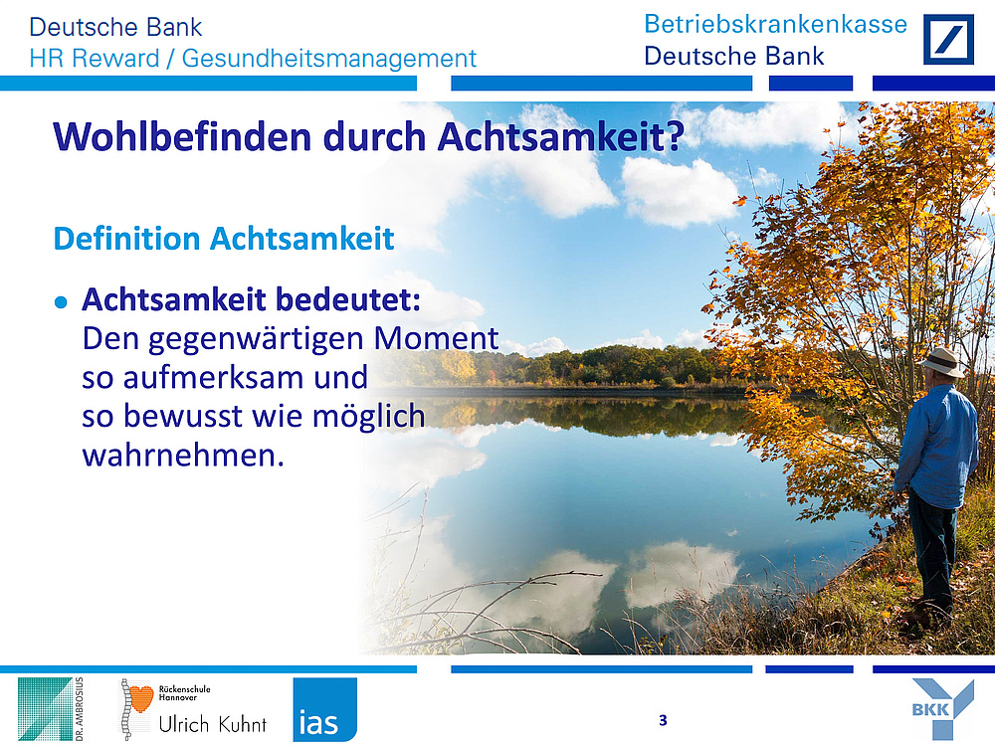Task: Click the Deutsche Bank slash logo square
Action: pos(948,40)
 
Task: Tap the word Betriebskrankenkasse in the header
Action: pos(775,24)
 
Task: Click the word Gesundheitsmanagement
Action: pos(328,59)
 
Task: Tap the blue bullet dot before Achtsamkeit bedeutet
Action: pos(61,302)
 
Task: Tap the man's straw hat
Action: pos(941,362)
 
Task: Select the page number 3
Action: pos(663,720)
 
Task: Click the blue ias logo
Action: pos(325,709)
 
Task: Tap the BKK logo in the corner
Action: pos(942,707)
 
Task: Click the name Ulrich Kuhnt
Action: pos(213,724)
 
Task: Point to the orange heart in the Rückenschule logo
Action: pos(139,698)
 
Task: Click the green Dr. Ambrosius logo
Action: pos(51,709)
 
